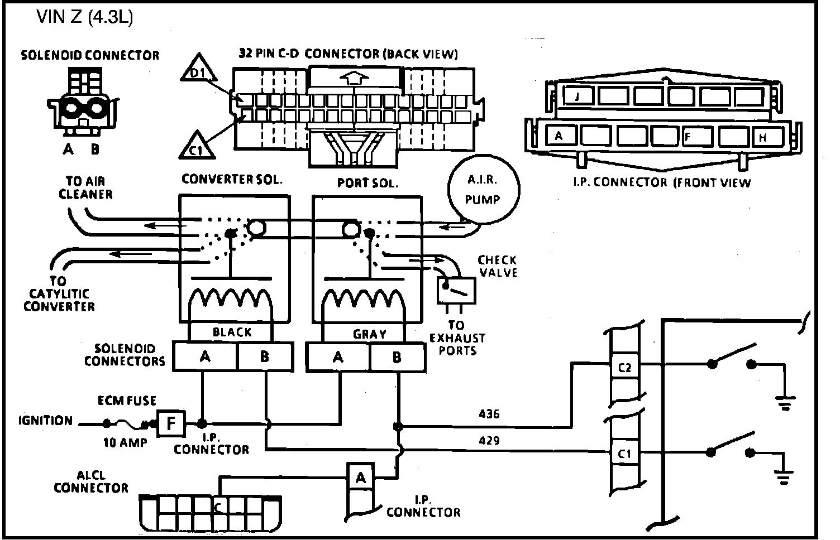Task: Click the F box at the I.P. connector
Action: click(171, 423)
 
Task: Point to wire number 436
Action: click(489, 414)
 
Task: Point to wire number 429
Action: click(489, 441)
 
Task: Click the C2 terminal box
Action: click(624, 368)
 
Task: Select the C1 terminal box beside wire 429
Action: click(624, 454)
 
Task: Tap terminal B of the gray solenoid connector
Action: click(397, 357)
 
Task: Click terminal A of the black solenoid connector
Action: click(205, 356)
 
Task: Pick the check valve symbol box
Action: click(456, 290)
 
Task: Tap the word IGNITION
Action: click(45, 421)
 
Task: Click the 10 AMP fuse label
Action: click(125, 442)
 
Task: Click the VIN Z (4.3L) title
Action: click(85, 18)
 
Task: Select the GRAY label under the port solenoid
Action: click(369, 334)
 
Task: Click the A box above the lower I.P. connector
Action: click(361, 478)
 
